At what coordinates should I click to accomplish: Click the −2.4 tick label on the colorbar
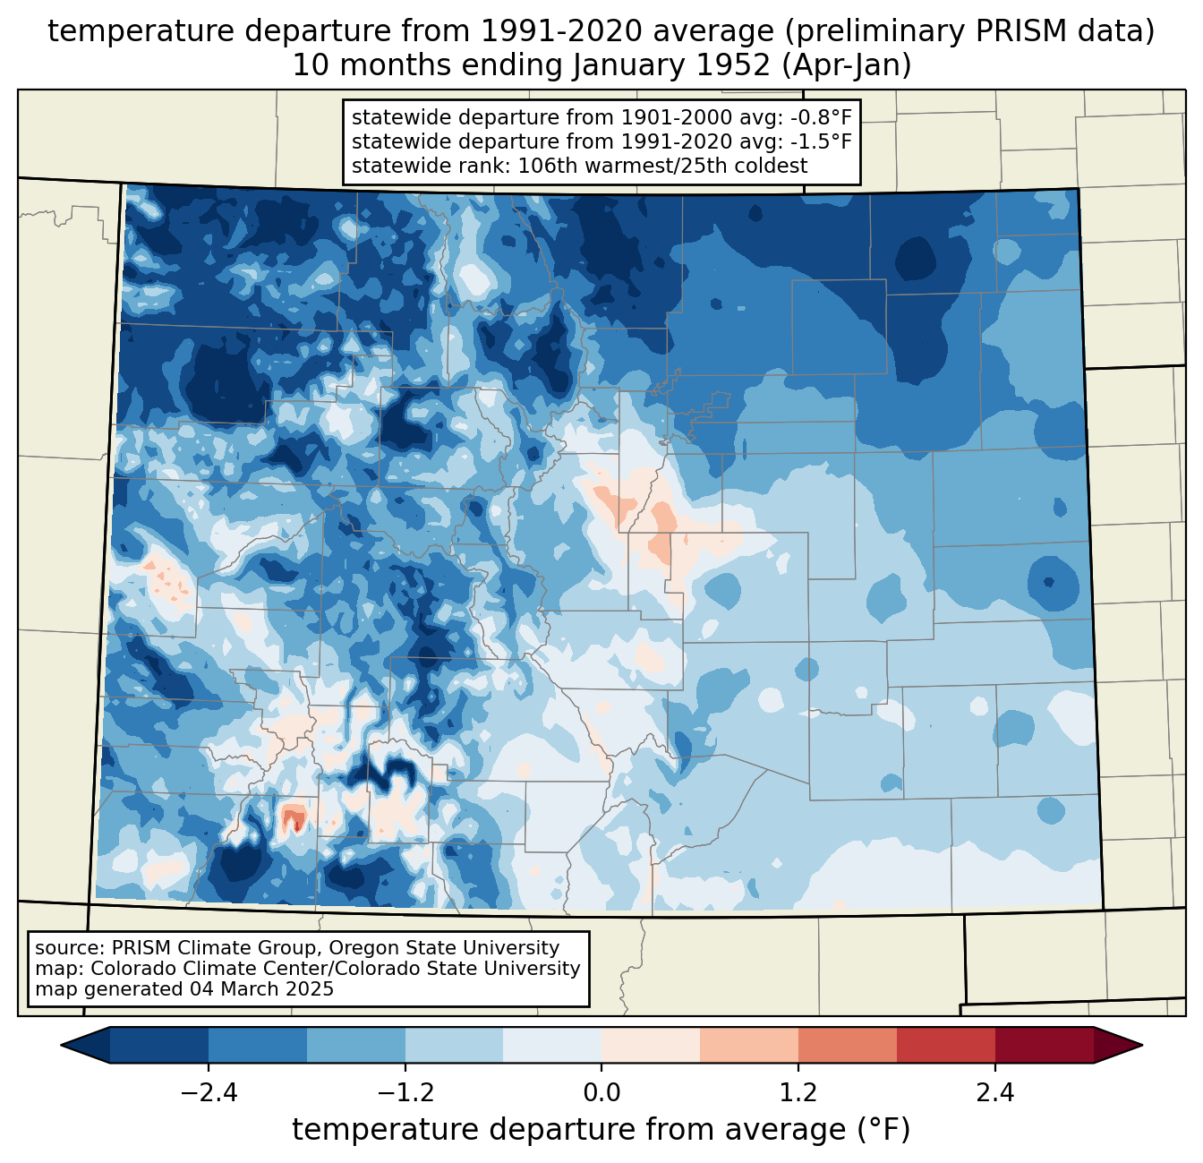[x=209, y=1093]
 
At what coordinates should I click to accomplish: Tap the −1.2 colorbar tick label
[x=405, y=1093]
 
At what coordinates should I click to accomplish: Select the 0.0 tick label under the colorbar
[x=601, y=1093]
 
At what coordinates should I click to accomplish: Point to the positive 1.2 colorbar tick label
[x=798, y=1093]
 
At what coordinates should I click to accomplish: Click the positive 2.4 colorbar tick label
[x=994, y=1093]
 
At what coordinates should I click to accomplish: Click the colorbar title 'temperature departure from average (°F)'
[x=601, y=1131]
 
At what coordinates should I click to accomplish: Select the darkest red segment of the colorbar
[x=1044, y=1045]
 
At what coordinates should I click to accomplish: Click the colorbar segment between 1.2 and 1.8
[x=847, y=1045]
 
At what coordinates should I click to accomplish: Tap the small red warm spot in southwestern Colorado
[x=293, y=817]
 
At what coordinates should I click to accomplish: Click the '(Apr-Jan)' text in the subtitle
[x=845, y=65]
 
